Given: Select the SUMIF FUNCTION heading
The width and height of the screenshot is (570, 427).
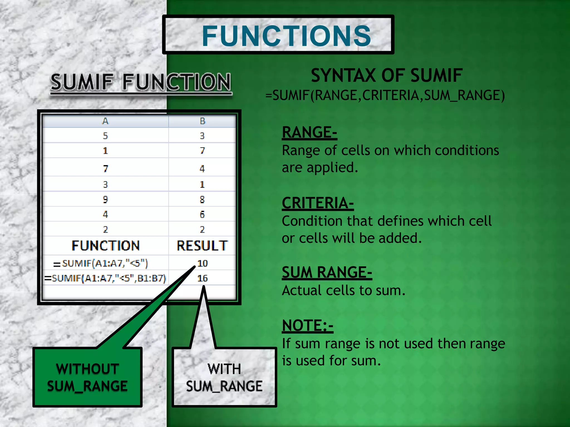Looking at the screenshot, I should [141, 82].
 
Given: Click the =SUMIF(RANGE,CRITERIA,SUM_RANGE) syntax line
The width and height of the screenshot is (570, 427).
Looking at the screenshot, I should [385, 95].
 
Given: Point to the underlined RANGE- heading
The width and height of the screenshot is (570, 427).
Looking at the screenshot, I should [309, 132].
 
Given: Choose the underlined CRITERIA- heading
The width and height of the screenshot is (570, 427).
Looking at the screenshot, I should [318, 203].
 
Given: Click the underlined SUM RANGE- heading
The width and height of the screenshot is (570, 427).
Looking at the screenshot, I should [327, 272].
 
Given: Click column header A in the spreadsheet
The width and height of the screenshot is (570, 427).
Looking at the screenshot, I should [105, 121].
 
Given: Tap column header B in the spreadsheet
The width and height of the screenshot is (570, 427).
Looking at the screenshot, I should [202, 121].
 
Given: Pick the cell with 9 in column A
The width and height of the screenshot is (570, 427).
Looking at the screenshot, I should [105, 199].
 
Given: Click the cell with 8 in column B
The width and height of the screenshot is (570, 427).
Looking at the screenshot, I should [202, 199].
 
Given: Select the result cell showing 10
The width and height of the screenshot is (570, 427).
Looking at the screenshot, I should [203, 263].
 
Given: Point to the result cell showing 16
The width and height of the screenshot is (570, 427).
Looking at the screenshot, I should [203, 278].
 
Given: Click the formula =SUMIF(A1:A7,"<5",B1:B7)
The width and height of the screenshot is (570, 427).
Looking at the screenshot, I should [105, 278].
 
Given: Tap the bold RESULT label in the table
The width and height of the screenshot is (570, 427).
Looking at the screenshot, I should [202, 246].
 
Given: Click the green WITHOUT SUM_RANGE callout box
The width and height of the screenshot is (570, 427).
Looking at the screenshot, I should [87, 377].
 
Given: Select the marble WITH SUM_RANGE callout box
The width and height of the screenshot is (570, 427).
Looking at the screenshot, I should [224, 377].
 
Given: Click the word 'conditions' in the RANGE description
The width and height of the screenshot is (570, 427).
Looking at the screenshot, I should [467, 150].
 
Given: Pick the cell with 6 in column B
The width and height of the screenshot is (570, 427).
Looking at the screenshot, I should [202, 214].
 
